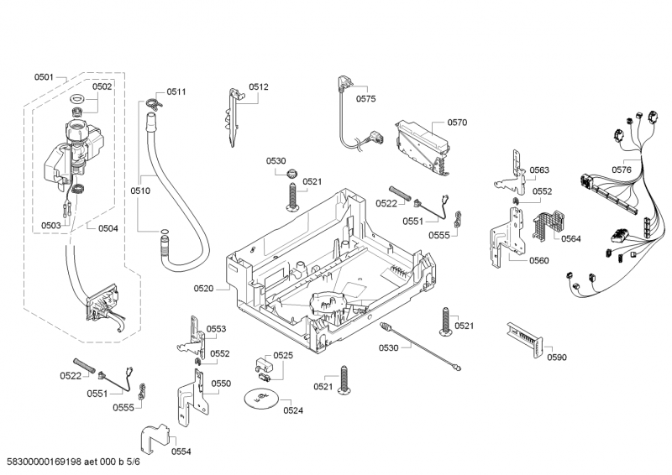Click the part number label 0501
click(x=44, y=77)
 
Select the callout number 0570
click(x=457, y=123)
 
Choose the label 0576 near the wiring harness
click(x=621, y=170)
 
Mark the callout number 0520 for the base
click(x=204, y=288)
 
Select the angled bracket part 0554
click(x=156, y=436)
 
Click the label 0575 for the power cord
click(x=365, y=99)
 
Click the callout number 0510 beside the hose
click(x=140, y=191)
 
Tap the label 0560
click(x=538, y=260)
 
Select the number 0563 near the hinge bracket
click(x=539, y=170)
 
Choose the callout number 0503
click(x=51, y=225)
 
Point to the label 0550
click(x=220, y=384)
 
